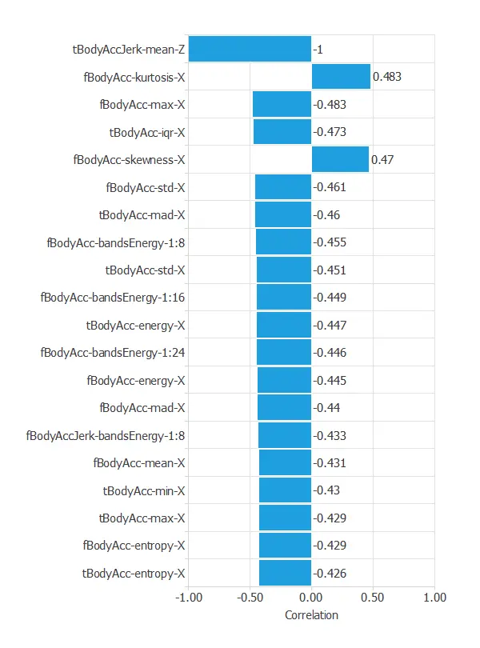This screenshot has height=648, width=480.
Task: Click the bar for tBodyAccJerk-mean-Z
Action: pos(250,49)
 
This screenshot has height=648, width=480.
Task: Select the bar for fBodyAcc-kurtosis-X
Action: pos(341,77)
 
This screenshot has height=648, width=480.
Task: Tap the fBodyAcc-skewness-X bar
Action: pos(340,159)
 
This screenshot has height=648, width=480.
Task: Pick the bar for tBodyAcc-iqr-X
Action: pos(282,132)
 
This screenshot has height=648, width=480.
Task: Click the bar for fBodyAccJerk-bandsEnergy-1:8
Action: pos(285,435)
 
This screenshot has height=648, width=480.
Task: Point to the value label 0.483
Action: pos(388,77)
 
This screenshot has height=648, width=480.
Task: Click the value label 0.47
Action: pos(383,159)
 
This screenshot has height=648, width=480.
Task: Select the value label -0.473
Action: pos(330,132)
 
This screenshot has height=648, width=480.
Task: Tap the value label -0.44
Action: pos(326,408)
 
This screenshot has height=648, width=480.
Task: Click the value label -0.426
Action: pos(330,573)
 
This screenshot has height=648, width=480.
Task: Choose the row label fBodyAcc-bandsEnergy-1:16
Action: pos(113,298)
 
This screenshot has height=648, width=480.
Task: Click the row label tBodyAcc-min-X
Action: pos(144,490)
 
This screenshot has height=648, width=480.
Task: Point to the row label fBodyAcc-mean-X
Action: pos(139,463)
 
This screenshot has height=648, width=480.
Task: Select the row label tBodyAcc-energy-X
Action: pos(135,325)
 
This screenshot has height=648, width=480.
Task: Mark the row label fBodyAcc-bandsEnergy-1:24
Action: pos(113,353)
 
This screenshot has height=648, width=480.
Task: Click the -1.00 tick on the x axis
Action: pos(188,598)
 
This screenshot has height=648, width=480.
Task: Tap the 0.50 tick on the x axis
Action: pos(373,598)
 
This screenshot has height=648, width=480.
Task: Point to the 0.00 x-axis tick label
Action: pos(311,598)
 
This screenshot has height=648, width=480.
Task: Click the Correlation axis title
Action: pos(311,615)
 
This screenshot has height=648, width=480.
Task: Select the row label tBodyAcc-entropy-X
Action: pos(134,573)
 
